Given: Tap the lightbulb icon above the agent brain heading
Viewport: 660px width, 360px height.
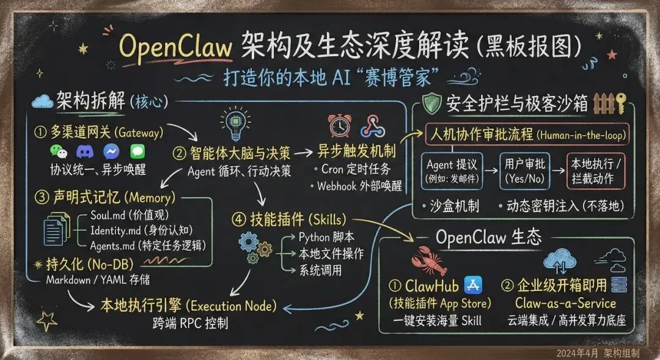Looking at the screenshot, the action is click(237, 125).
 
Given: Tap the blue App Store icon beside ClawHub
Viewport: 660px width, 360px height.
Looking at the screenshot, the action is click(474, 284).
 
